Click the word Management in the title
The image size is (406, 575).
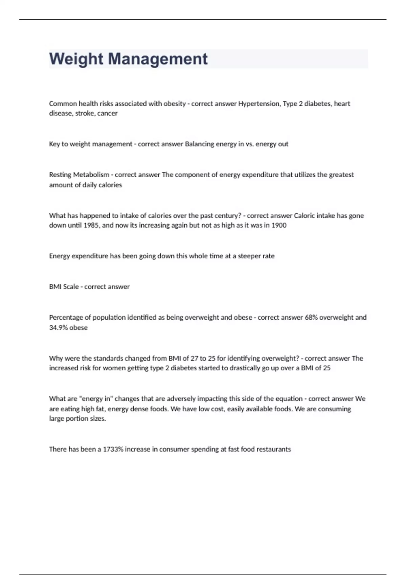[158, 59]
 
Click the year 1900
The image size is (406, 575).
[279, 225]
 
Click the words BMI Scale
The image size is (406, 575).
[64, 287]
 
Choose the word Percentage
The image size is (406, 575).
[65, 318]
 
